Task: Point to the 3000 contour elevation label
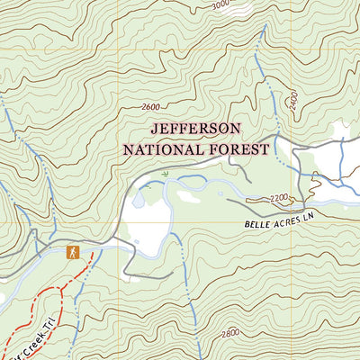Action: click(x=220, y=5)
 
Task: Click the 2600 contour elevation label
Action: click(x=155, y=107)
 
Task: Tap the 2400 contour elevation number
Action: click(x=292, y=100)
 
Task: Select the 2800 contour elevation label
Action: click(x=229, y=333)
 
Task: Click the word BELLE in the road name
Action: click(x=256, y=221)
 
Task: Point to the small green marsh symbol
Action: click(x=166, y=170)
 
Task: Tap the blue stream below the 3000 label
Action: click(x=259, y=54)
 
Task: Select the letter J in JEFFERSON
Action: click(x=155, y=129)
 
